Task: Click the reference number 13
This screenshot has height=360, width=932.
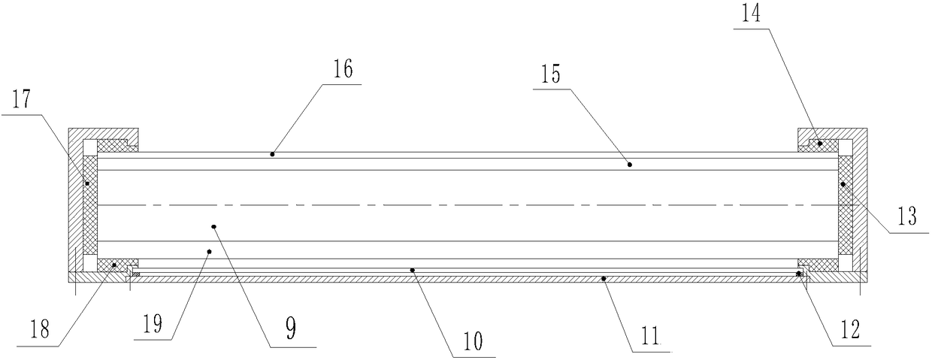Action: (x=907, y=216)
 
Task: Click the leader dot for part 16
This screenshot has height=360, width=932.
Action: (x=272, y=154)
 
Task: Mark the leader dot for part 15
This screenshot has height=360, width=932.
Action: (x=630, y=163)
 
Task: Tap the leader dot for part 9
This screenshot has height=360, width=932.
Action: (x=214, y=225)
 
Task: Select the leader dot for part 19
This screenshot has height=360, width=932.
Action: (x=209, y=251)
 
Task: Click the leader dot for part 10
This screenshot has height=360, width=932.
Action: (x=412, y=268)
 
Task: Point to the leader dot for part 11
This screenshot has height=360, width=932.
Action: (x=604, y=278)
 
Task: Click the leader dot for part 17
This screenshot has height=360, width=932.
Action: (x=87, y=183)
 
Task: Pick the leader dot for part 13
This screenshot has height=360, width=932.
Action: (x=843, y=183)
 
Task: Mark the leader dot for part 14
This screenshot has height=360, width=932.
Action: (x=821, y=142)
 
